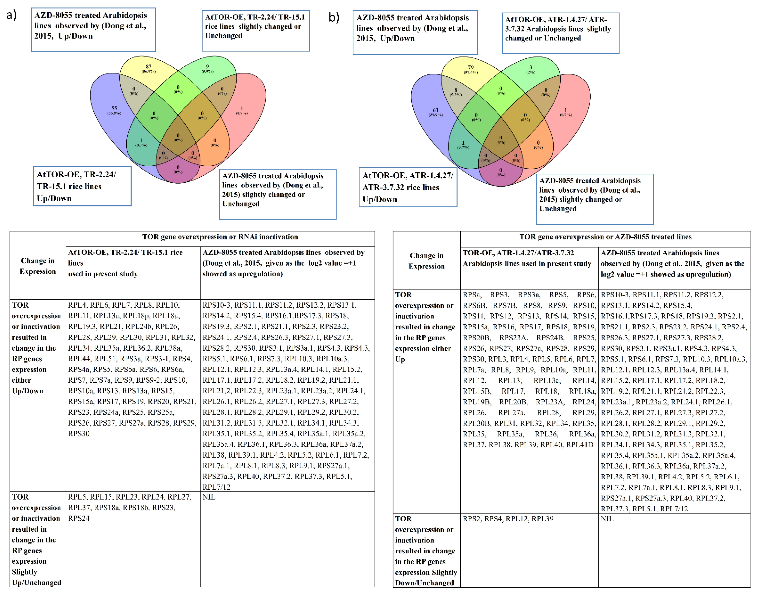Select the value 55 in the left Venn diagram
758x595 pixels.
pos(114,108)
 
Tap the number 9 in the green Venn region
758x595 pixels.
pos(208,67)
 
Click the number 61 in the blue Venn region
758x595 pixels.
pos(436,110)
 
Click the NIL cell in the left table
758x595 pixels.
pos(209,497)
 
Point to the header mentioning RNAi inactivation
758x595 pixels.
pos(220,237)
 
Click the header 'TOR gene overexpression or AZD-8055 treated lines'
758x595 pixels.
pos(606,237)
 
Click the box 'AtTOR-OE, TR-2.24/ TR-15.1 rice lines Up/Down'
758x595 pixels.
pos(82,186)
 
